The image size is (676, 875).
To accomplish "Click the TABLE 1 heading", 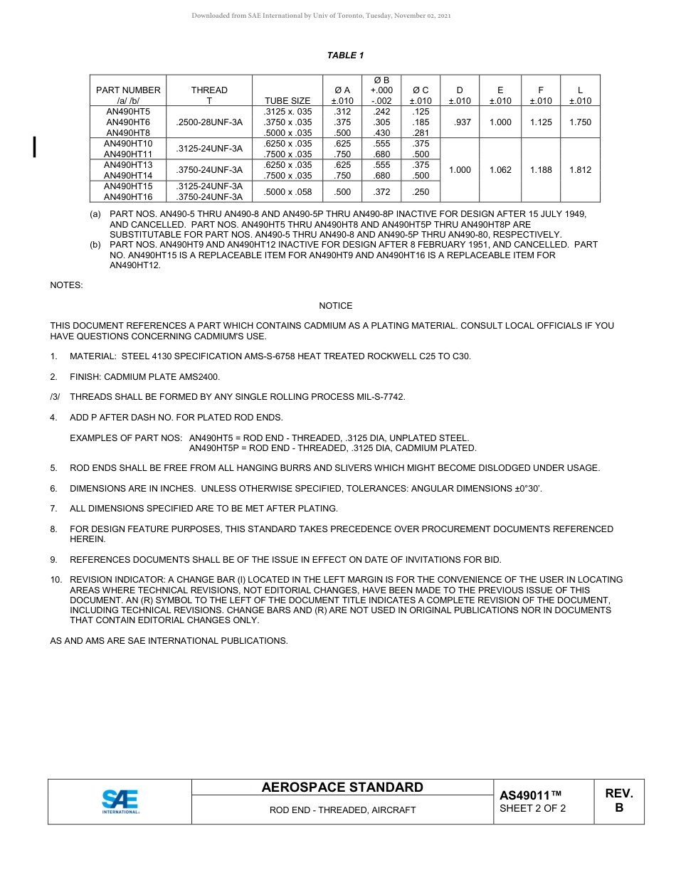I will pos(345,55).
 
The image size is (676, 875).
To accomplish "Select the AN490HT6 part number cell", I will pos(128,122).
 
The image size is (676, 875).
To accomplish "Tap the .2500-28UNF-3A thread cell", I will pos(209,122).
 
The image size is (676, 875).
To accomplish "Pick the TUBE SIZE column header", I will pos(287,101).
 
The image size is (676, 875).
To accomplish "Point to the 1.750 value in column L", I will pos(580,122).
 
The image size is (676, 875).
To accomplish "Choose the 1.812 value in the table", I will pos(580,170).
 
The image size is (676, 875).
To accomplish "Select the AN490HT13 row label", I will pos(128,165).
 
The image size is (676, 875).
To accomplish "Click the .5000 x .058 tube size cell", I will pos(287,191).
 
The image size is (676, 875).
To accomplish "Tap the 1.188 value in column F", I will pos(541,170).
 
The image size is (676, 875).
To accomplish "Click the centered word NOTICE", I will pos(336,306).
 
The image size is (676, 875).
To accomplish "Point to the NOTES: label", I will pos(66,285).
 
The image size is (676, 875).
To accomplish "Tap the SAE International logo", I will pos(120,802).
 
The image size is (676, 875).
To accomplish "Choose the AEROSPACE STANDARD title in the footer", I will pos(342,787).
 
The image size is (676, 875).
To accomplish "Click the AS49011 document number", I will pos(530,795).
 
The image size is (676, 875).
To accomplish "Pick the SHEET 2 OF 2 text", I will pos(533,809).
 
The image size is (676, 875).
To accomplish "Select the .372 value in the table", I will pos(381,191).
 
